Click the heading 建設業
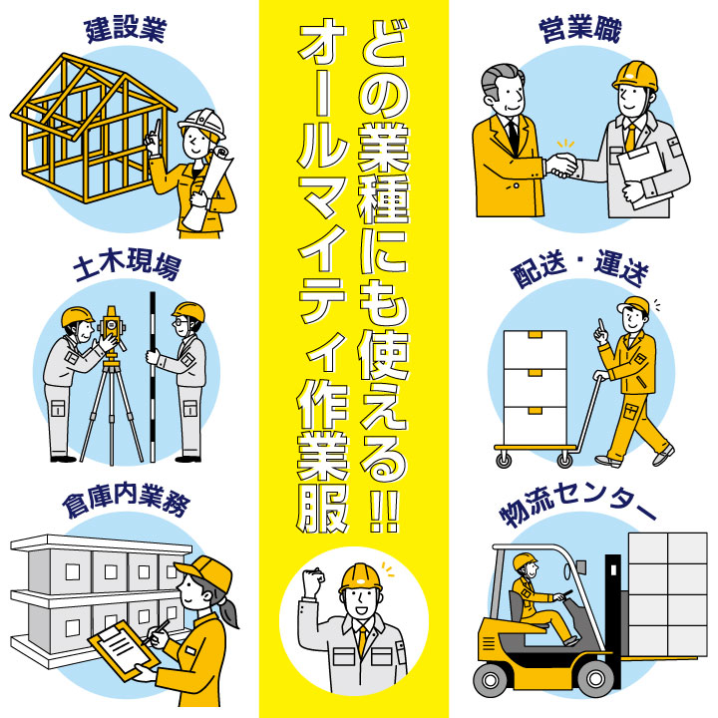click(126, 31)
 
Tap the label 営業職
click(580, 31)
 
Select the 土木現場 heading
click(127, 263)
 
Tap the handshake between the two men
click(561, 165)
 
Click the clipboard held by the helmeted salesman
click(643, 174)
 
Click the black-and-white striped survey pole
click(153, 376)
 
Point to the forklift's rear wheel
click(491, 680)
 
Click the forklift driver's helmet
click(525, 560)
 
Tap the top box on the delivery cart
click(535, 350)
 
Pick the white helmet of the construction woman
click(202, 122)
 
